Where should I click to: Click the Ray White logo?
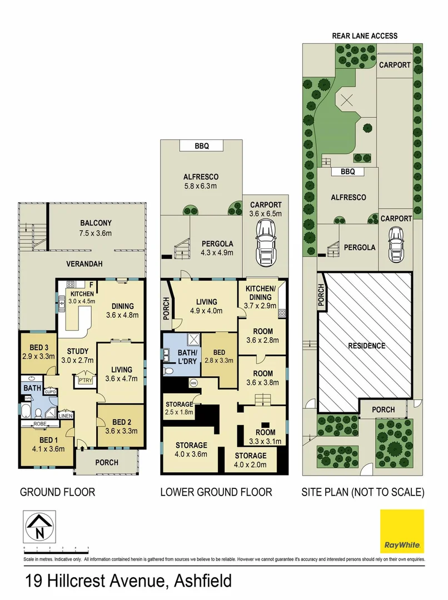pyautogui.click(x=402, y=531)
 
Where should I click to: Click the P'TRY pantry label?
pyautogui.click(x=85, y=380)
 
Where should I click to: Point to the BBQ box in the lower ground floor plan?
pyautogui.click(x=201, y=146)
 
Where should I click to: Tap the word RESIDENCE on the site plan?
pyautogui.click(x=366, y=346)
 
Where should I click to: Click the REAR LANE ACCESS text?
pyautogui.click(x=365, y=36)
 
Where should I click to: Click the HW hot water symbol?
pyautogui.click(x=193, y=383)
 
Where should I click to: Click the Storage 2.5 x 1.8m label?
pyautogui.click(x=179, y=408)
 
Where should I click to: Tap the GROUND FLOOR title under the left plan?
pyautogui.click(x=57, y=492)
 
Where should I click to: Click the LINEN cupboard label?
pyautogui.click(x=65, y=415)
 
